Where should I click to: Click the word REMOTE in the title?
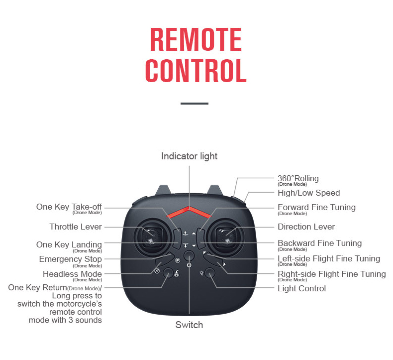tap(196, 39)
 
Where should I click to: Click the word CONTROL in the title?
tap(196, 71)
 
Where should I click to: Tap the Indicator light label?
tap(189, 156)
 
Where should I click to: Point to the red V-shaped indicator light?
tap(189, 212)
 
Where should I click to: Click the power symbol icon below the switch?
tap(189, 266)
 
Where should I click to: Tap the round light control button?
tap(210, 273)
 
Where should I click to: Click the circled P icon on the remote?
tap(178, 260)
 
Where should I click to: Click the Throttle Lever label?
tap(76, 227)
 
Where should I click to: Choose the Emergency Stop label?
tap(71, 259)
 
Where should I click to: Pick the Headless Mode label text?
tap(72, 274)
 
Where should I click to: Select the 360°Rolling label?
tap(298, 178)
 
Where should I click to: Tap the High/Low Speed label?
tap(308, 193)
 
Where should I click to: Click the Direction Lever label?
tap(306, 227)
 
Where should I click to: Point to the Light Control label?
tap(301, 288)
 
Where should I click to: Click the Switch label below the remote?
tap(189, 325)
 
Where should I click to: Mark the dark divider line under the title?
tap(194, 104)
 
